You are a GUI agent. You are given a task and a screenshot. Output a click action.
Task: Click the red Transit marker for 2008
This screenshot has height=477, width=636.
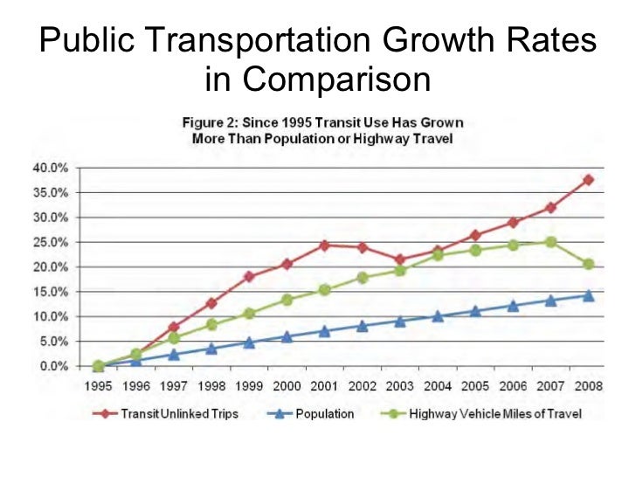pyautogui.click(x=588, y=180)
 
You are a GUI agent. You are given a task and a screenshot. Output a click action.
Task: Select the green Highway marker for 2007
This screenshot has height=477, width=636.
pyautogui.click(x=550, y=242)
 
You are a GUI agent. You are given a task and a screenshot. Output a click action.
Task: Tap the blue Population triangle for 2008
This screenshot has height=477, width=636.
pyautogui.click(x=588, y=295)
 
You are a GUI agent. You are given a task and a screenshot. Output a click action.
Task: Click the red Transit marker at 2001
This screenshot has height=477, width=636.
pyautogui.click(x=324, y=245)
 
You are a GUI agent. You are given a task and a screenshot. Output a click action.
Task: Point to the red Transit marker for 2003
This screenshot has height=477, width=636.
pyautogui.click(x=400, y=259)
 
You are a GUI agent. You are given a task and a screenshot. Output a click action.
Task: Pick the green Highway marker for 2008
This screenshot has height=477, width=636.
pyautogui.click(x=588, y=264)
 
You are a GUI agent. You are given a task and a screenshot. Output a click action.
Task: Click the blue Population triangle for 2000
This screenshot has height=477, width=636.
pyautogui.click(x=287, y=336)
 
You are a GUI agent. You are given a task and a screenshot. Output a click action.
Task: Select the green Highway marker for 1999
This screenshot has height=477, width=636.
pyautogui.click(x=249, y=313)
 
